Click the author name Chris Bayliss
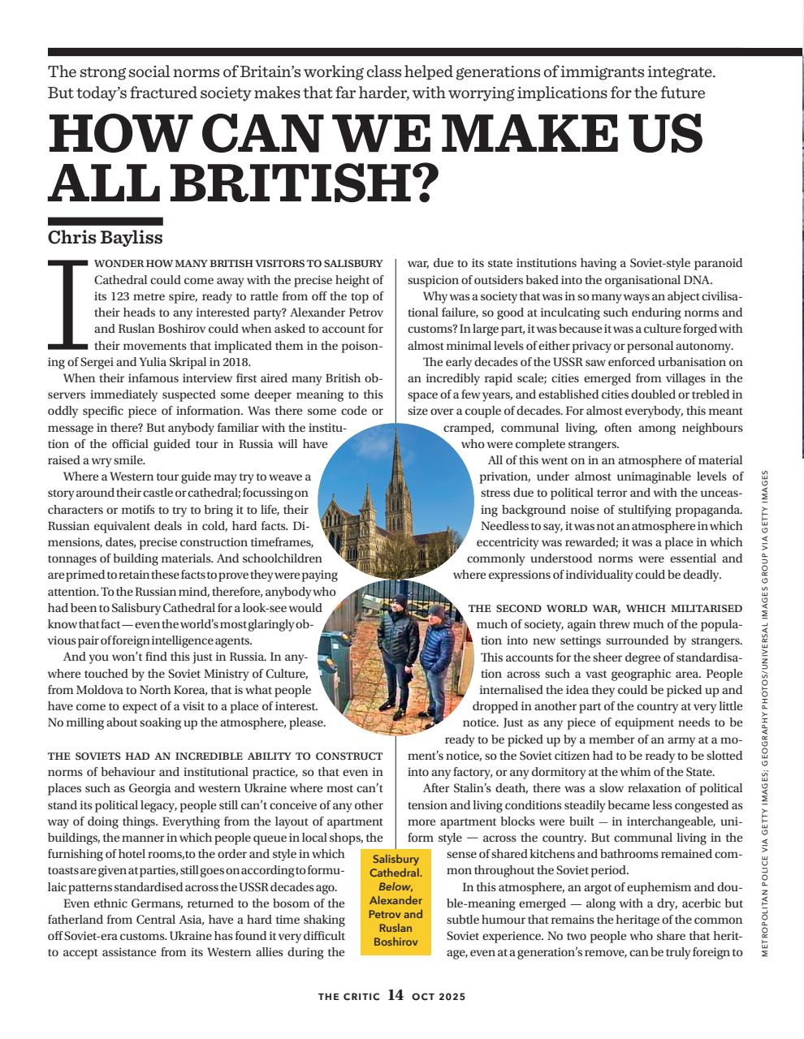pos(105,237)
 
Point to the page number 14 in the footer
pos(396,995)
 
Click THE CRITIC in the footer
pos(348,996)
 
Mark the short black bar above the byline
pos(105,221)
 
